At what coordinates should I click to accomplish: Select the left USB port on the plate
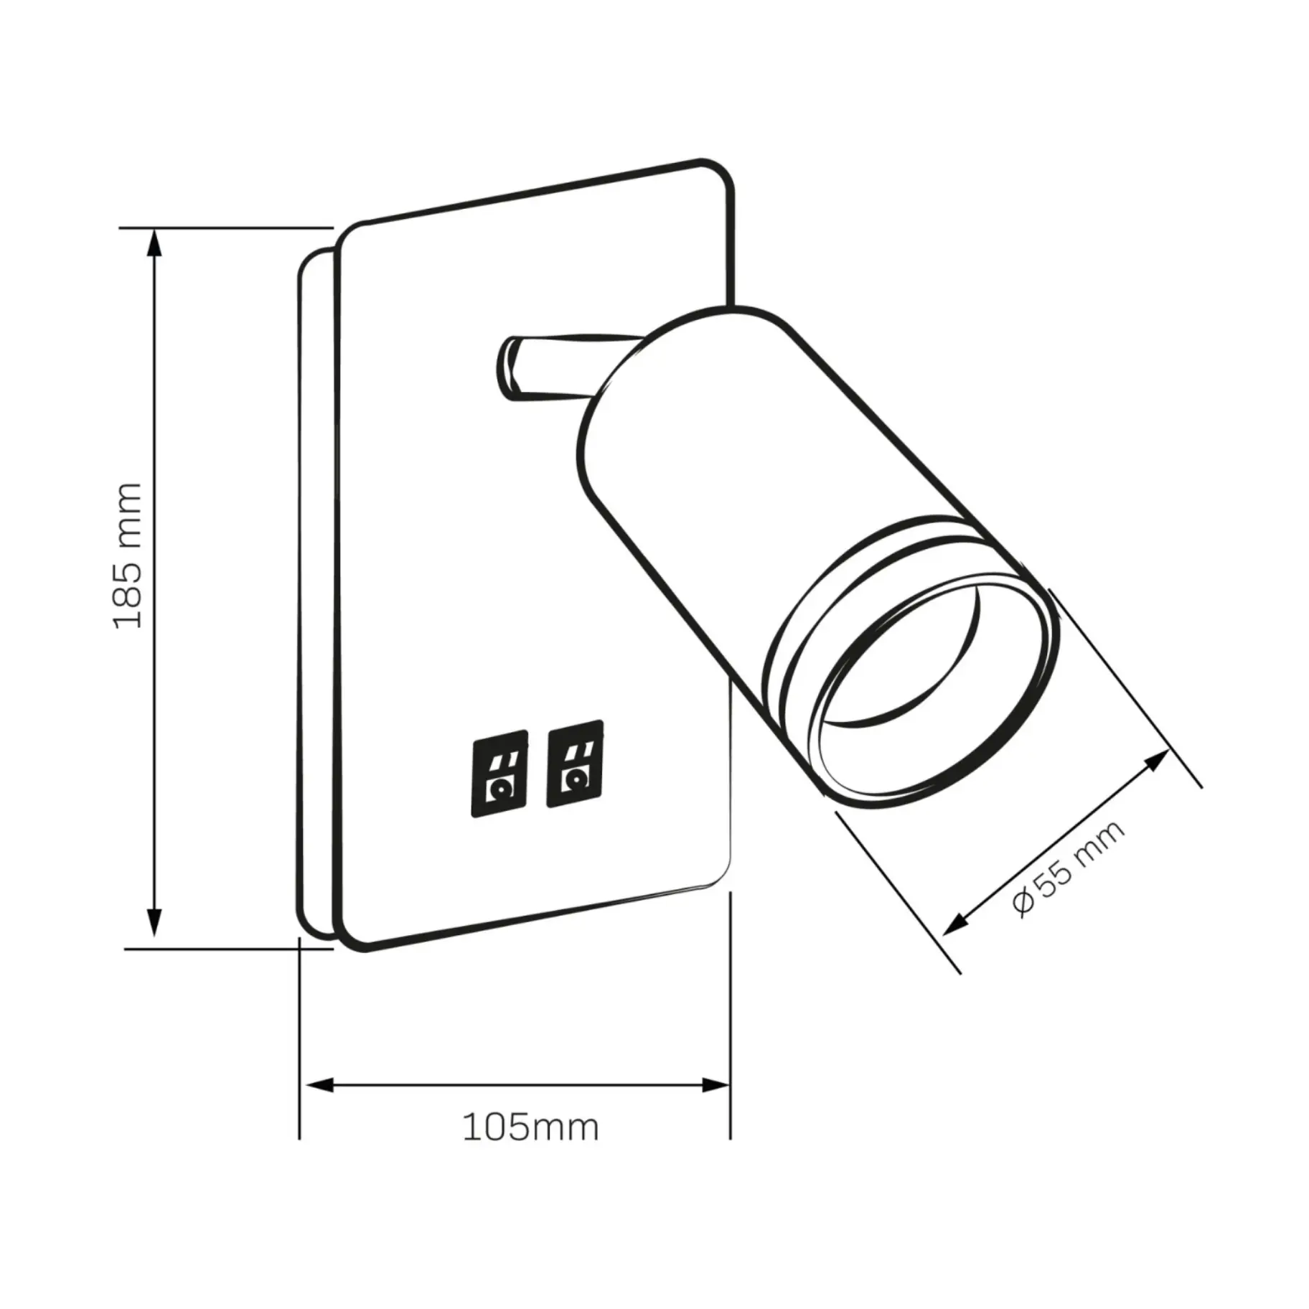(x=499, y=774)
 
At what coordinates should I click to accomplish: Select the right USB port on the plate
(x=575, y=763)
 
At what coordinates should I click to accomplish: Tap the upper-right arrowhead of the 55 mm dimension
(x=1158, y=761)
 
